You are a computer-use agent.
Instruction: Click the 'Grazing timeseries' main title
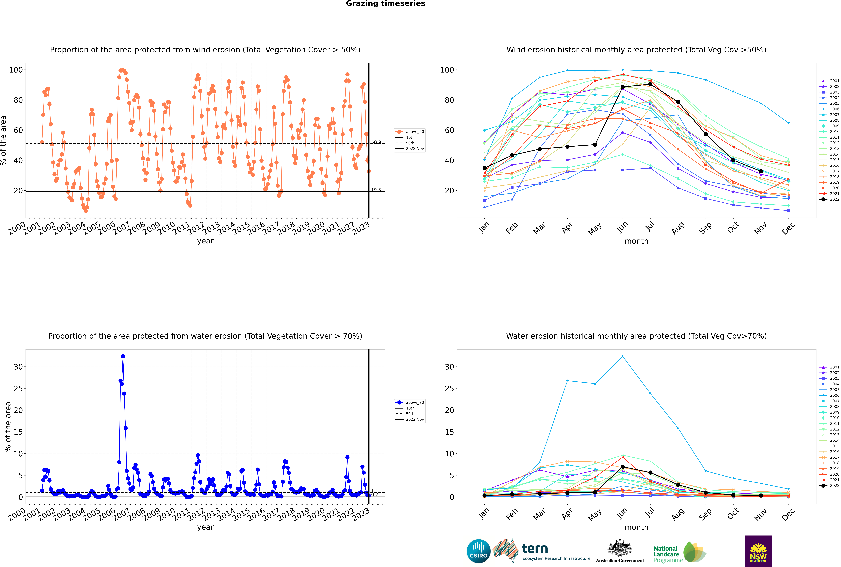(385, 4)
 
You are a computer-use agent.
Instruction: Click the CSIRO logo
(478, 551)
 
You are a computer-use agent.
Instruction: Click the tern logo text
(535, 549)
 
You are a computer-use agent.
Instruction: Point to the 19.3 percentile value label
(376, 190)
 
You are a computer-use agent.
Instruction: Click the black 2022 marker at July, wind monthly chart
(650, 84)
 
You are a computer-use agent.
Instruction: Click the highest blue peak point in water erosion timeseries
(123, 356)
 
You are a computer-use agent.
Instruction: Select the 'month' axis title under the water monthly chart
(636, 527)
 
